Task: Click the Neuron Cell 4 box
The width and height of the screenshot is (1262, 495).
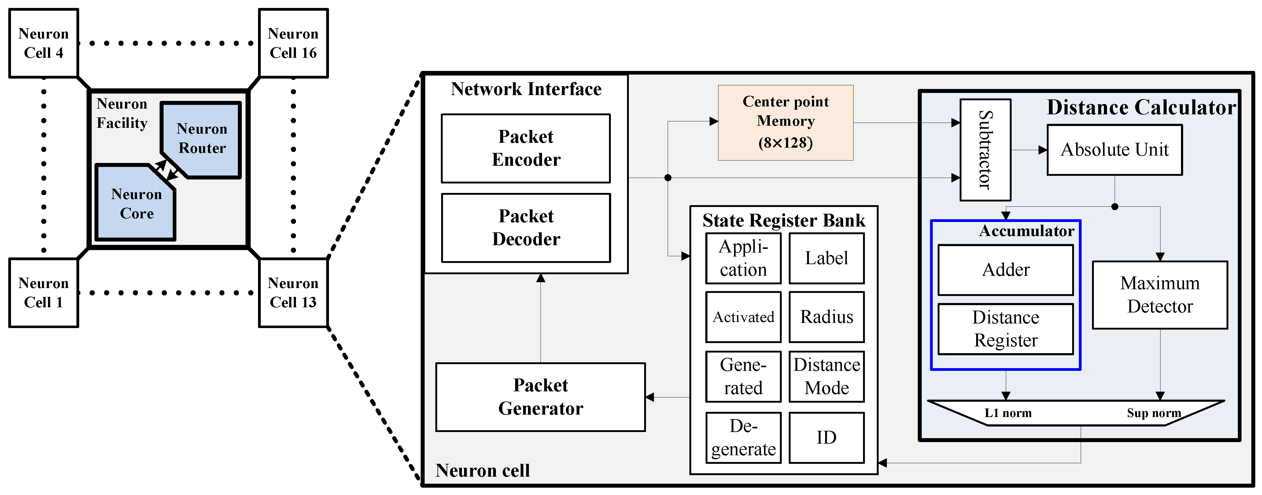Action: pos(44,43)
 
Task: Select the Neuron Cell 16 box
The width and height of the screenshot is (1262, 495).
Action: pos(293,43)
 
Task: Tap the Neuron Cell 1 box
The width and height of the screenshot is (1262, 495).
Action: pos(44,293)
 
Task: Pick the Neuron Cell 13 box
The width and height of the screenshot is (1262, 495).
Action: pos(293,293)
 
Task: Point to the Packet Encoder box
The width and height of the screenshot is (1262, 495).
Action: pos(526,148)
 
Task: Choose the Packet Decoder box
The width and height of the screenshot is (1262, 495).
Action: pos(526,227)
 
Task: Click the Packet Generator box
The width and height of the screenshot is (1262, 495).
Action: pos(541,397)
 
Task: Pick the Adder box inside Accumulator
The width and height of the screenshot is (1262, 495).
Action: pos(1005,270)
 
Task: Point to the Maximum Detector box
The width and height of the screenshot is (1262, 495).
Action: pos(1160,294)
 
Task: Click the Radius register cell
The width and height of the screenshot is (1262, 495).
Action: pos(826,317)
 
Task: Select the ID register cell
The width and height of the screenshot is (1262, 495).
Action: pos(826,438)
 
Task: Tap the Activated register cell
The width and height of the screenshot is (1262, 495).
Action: pos(743,317)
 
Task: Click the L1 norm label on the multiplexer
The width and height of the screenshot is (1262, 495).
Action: pos(1008,413)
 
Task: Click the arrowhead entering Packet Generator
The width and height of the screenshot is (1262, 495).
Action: pos(650,397)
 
